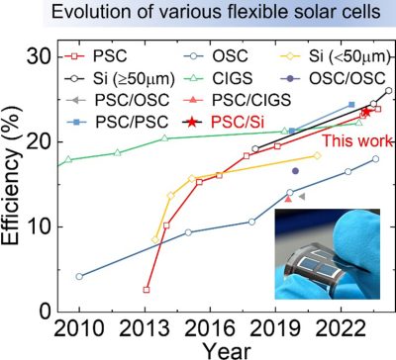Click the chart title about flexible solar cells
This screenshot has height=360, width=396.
(x=198, y=13)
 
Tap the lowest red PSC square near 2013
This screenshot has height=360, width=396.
(x=147, y=290)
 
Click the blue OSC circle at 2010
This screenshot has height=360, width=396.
(x=79, y=276)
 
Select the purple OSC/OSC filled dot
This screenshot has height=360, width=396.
(x=295, y=171)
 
